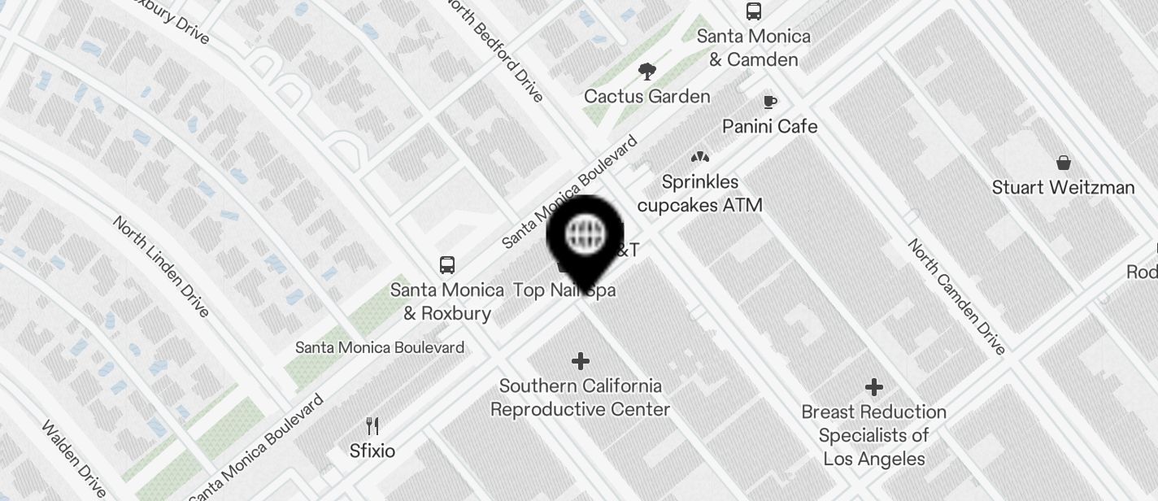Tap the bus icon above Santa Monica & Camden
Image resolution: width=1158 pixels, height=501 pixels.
[754, 11]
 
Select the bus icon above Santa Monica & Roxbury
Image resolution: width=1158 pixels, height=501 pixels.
[447, 265]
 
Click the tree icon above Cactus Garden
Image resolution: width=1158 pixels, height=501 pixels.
[647, 72]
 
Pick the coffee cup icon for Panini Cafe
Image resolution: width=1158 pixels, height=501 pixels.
[769, 102]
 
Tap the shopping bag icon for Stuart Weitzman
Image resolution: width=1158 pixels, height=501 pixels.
[1063, 163]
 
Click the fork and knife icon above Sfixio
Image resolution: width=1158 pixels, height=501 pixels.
[372, 425]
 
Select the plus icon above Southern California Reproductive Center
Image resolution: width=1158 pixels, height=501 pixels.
[581, 360]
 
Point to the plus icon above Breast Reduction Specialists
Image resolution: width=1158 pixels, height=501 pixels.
[874, 386]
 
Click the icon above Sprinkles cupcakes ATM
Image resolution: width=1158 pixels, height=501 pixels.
[699, 156]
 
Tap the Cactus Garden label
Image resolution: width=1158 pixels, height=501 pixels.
[647, 97]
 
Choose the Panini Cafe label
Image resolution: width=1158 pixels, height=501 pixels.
[770, 127]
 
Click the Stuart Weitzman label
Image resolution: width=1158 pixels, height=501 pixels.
[1063, 188]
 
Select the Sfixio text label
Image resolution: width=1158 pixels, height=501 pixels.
[372, 451]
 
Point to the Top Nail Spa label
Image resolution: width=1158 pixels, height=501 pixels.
[564, 290]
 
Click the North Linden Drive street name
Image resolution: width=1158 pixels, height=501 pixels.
[161, 266]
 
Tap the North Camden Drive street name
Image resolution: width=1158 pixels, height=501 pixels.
[956, 296]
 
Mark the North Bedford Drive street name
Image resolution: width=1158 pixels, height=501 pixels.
[495, 50]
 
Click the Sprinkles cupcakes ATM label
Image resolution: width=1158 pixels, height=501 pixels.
[699, 194]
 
